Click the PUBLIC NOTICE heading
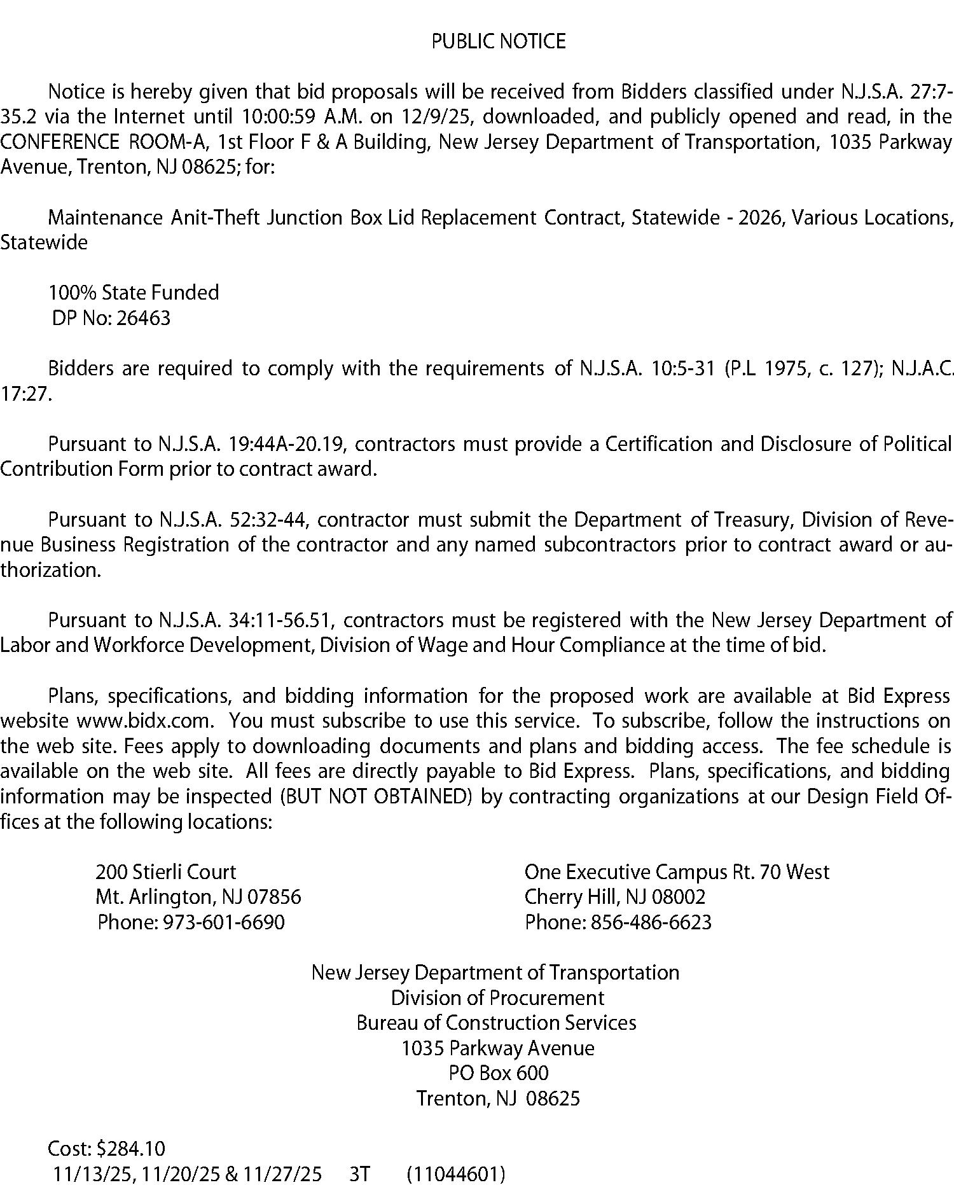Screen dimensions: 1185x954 (498, 41)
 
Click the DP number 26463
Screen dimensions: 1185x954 (144, 318)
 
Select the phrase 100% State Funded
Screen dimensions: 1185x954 (134, 293)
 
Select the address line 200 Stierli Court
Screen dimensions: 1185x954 (165, 871)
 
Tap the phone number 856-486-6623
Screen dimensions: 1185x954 (651, 922)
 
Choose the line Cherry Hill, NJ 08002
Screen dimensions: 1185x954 (614, 897)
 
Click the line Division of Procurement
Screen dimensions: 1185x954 (497, 997)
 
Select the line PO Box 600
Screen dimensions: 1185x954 (498, 1073)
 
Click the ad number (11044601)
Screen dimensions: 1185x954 (455, 1174)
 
